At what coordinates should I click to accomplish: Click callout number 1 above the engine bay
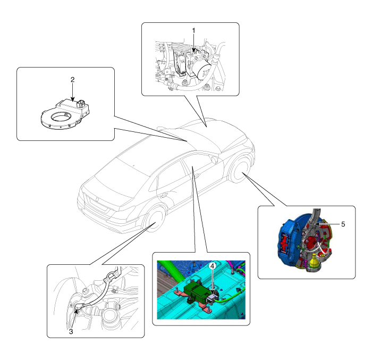[193, 31]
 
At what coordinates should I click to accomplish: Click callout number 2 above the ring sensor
[73, 80]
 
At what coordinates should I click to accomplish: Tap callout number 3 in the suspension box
[71, 332]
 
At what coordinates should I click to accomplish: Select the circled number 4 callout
[213, 266]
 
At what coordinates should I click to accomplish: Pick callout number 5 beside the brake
[343, 224]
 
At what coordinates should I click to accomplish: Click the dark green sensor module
[196, 291]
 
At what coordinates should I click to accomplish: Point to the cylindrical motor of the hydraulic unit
[204, 70]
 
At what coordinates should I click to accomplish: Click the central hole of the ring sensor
[61, 117]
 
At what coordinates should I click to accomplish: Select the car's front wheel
[240, 171]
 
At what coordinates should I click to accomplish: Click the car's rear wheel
[155, 221]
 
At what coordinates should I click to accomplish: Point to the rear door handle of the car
[163, 196]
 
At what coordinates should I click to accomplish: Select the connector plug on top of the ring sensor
[81, 103]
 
